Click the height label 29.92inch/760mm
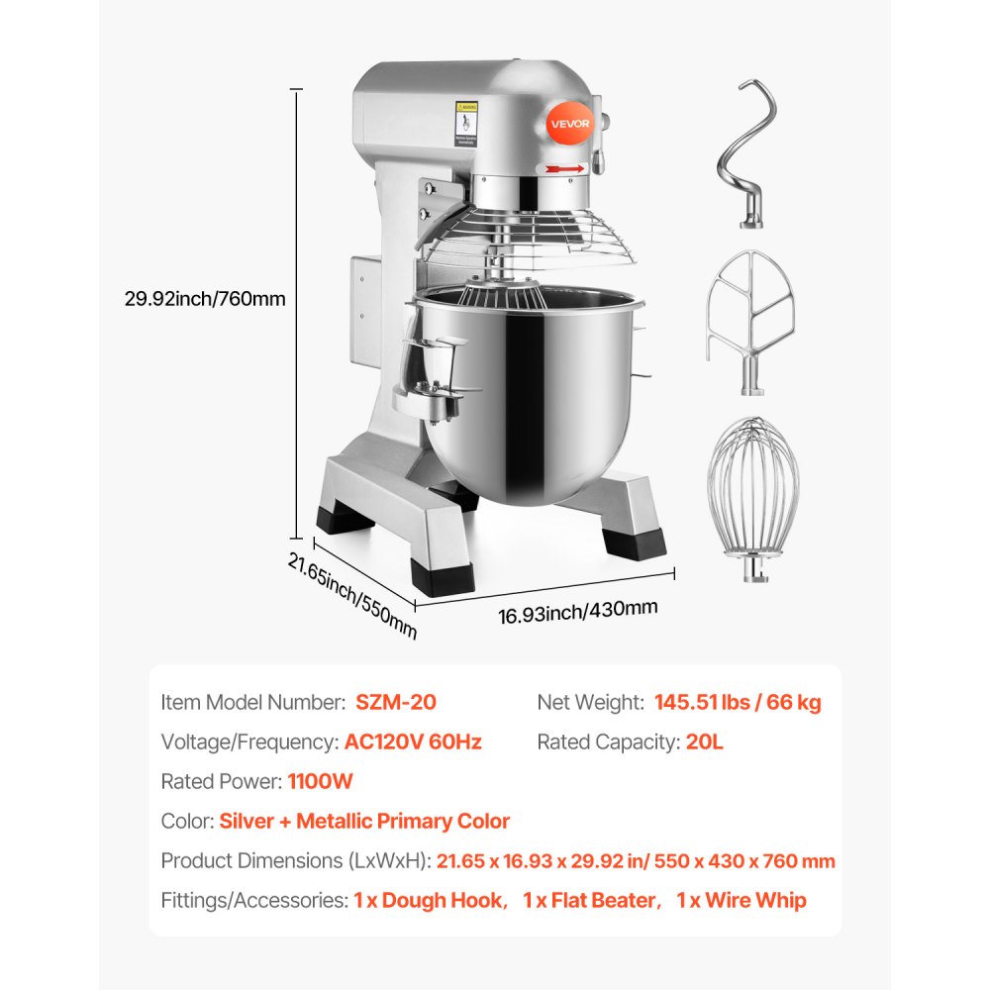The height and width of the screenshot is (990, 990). click(x=206, y=298)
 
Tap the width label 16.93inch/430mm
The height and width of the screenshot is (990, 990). click(x=577, y=612)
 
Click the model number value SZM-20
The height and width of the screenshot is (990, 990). click(x=395, y=703)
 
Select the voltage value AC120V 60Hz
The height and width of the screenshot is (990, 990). click(x=413, y=742)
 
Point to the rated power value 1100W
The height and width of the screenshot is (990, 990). click(x=320, y=781)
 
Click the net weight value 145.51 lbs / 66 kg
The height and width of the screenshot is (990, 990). click(x=738, y=703)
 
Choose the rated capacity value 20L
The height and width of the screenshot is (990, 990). click(x=704, y=742)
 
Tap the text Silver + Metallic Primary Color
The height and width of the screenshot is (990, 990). click(x=364, y=821)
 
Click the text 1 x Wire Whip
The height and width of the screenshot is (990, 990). click(x=742, y=900)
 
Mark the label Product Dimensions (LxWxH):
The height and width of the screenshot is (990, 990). click(x=296, y=860)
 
